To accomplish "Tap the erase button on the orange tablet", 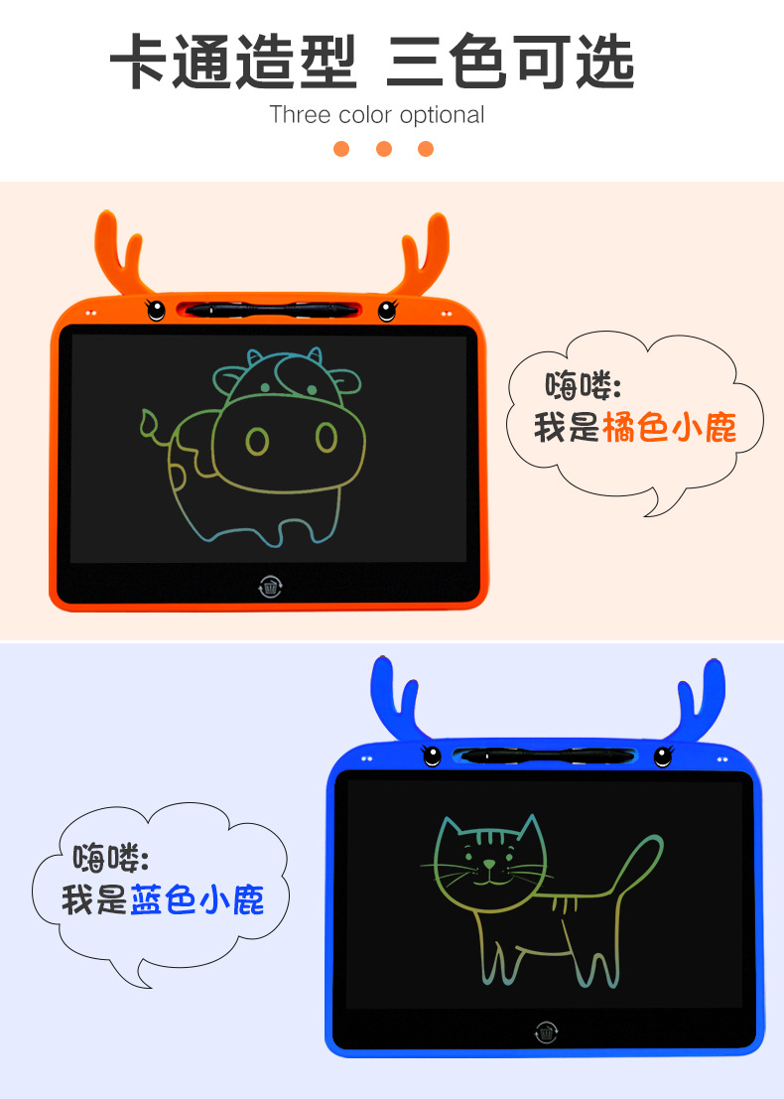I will coord(270,586).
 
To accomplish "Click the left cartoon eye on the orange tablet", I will coord(155,310).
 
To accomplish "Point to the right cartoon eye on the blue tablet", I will coord(663,756).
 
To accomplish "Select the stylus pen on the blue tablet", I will coord(546,756).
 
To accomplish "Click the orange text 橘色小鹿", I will coord(670,428).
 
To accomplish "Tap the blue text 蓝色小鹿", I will coord(197,899).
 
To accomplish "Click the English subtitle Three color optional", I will coord(377,114).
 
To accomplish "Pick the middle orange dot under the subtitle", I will coord(384,149).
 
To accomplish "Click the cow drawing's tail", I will coord(154,428).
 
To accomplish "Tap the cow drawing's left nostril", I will coord(257,440).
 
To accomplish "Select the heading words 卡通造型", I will coord(233,63).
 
